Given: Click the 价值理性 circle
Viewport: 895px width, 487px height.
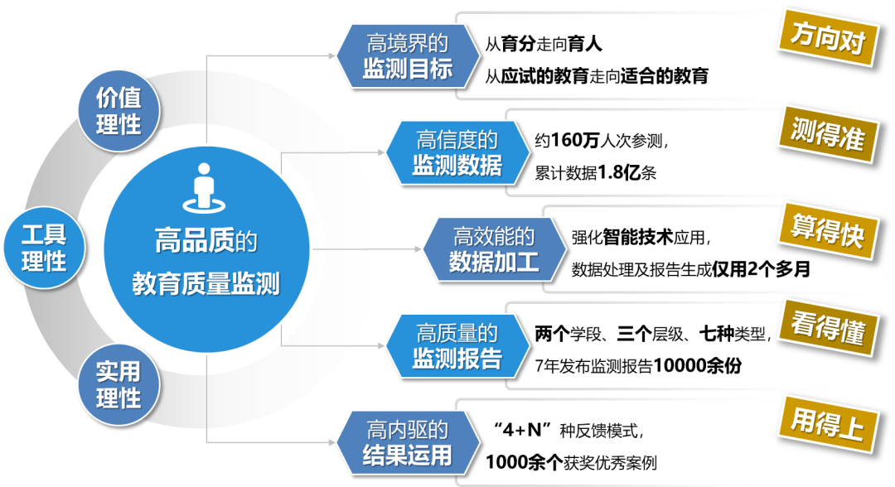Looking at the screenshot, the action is pyautogui.click(x=119, y=111).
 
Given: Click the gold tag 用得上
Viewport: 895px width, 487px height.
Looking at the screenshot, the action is pyautogui.click(x=828, y=425).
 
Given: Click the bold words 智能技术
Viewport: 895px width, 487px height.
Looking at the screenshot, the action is pyautogui.click(x=637, y=237).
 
